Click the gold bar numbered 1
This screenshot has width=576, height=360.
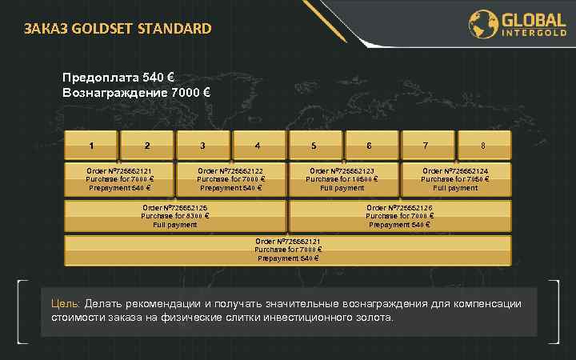[91, 146]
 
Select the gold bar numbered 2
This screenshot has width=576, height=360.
[147, 146]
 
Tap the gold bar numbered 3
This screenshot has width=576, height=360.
[203, 146]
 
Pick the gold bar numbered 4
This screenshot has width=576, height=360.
[258, 146]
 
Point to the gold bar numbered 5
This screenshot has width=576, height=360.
[314, 146]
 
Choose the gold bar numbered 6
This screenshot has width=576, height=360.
[369, 146]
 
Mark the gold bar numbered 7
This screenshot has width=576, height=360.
[425, 146]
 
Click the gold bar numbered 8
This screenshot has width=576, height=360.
[482, 146]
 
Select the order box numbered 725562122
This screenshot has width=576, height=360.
[231, 179]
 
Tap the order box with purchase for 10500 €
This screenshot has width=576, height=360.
[342, 179]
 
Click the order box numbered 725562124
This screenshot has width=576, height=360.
[455, 179]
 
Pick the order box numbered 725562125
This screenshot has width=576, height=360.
[175, 216]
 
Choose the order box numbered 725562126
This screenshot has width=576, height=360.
[399, 216]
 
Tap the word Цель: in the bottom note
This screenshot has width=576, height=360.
[65, 304]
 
